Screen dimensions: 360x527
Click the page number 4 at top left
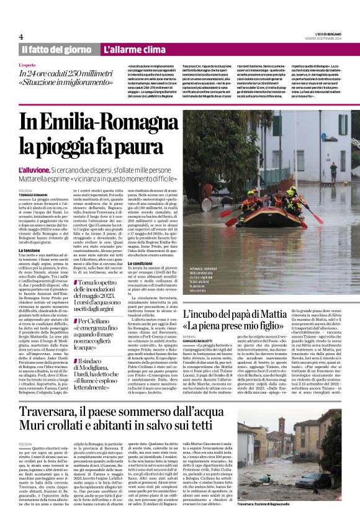(21, 37)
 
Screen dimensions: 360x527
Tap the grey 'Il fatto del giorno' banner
(56, 50)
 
